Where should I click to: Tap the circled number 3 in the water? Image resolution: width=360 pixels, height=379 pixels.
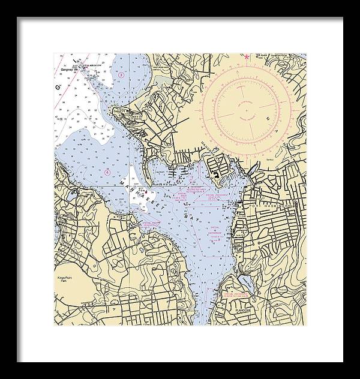point(121,74)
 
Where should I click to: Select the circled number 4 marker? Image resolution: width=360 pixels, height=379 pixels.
point(107,172)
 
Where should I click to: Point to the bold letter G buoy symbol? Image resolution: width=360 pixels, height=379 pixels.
point(58,88)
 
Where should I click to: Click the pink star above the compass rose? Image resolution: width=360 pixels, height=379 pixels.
point(245,57)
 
